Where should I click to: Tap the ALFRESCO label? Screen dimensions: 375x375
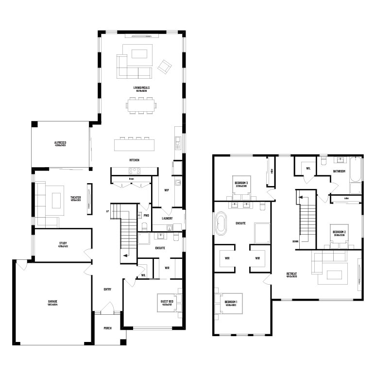(x=60, y=142)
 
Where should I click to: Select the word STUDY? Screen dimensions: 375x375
(x=63, y=243)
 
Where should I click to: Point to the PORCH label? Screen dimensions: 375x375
(x=107, y=328)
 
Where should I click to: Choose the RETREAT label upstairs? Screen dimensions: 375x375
(x=291, y=273)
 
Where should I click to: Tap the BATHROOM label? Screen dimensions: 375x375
(x=339, y=171)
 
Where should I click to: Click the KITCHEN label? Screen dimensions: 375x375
(x=134, y=160)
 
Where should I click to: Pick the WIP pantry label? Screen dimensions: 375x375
(x=166, y=190)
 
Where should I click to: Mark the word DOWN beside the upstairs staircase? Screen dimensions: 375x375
(x=295, y=241)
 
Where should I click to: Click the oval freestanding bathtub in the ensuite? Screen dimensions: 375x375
(x=222, y=223)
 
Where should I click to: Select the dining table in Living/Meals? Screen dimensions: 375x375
(x=141, y=104)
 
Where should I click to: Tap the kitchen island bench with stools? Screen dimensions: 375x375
(x=135, y=145)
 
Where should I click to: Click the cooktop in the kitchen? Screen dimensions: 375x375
(x=134, y=170)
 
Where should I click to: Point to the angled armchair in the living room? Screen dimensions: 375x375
(x=165, y=66)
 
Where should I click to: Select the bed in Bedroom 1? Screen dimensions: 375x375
(x=228, y=305)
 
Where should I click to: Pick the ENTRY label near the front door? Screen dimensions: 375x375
(x=107, y=290)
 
